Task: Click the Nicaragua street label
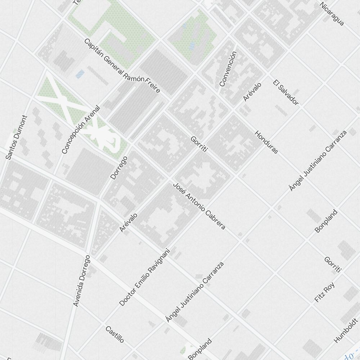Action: [x=332, y=14]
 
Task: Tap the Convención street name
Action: [x=228, y=69]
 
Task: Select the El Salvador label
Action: [x=286, y=93]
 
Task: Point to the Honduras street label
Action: [x=266, y=142]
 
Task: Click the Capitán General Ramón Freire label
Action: [x=122, y=66]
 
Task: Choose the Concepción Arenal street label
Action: [x=81, y=130]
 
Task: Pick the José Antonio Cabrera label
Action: [x=199, y=206]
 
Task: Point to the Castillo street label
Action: [x=115, y=334]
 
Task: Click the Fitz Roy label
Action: [x=324, y=292]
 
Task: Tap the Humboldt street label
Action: [x=346, y=330]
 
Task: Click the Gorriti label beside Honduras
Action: [x=199, y=144]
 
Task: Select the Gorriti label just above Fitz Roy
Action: [x=332, y=265]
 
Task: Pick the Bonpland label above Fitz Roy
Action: [x=326, y=221]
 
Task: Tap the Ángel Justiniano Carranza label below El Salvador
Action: [x=318, y=161]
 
